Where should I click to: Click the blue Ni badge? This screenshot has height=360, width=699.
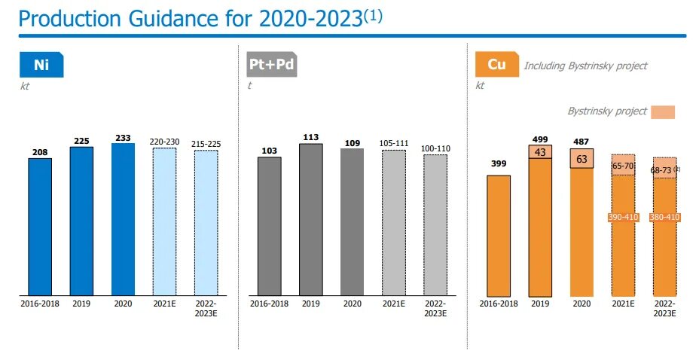click(x=41, y=65)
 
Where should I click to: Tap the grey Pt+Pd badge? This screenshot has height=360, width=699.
click(x=272, y=65)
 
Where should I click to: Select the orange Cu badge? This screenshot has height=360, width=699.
click(x=496, y=65)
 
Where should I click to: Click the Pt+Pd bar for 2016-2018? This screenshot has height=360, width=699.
click(x=270, y=225)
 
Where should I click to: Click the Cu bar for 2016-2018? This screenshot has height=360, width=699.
click(x=499, y=234)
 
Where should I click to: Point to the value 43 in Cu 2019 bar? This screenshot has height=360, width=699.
click(x=540, y=152)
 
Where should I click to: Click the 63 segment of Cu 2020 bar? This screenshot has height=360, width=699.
click(x=581, y=159)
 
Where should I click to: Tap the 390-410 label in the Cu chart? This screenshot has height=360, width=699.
click(x=623, y=218)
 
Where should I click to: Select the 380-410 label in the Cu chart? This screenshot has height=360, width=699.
click(x=664, y=218)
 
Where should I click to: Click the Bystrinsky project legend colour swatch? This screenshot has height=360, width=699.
click(x=664, y=112)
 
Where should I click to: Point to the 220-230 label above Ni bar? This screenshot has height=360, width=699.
click(x=164, y=141)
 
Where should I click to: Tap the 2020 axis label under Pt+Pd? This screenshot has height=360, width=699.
click(x=353, y=304)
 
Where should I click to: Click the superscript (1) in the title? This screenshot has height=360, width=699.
click(x=373, y=14)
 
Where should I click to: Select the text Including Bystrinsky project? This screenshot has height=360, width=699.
click(x=585, y=66)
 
